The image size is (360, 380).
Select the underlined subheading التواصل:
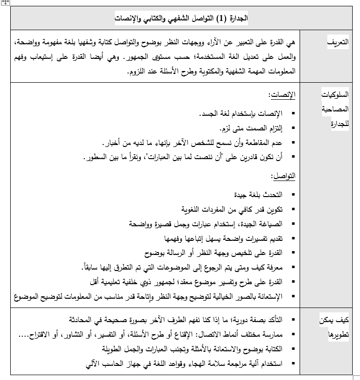(x=285, y=176)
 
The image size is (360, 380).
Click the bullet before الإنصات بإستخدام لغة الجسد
(x=293, y=114)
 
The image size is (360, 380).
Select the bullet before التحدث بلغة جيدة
(x=293, y=195)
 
